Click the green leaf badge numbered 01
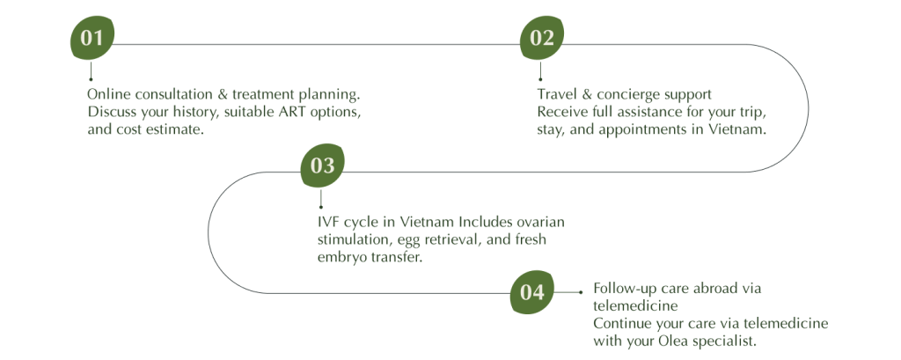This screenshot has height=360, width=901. [92, 40]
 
